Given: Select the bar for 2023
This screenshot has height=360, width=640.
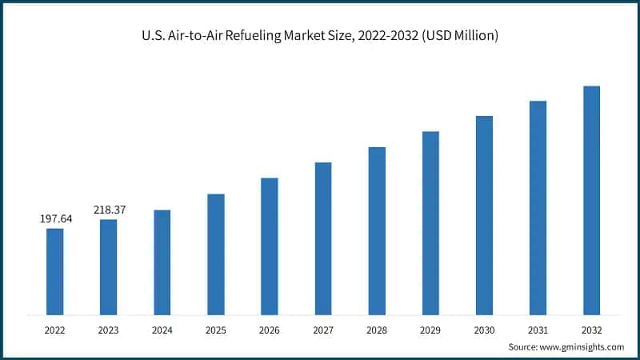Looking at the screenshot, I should pyautogui.click(x=108, y=266).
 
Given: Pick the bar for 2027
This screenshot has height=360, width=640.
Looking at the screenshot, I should pyautogui.click(x=323, y=238).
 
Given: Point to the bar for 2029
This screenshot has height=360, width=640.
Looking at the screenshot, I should pyautogui.click(x=430, y=222).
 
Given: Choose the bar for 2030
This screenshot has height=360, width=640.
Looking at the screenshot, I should pyautogui.click(x=484, y=214).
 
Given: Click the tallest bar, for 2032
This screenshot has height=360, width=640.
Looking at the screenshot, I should pyautogui.click(x=591, y=199).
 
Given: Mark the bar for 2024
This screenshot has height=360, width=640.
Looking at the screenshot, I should pyautogui.click(x=162, y=261).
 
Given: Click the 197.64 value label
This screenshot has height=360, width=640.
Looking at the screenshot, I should pyautogui.click(x=55, y=218).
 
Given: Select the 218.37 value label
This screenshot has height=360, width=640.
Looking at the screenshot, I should pyautogui.click(x=109, y=209).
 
